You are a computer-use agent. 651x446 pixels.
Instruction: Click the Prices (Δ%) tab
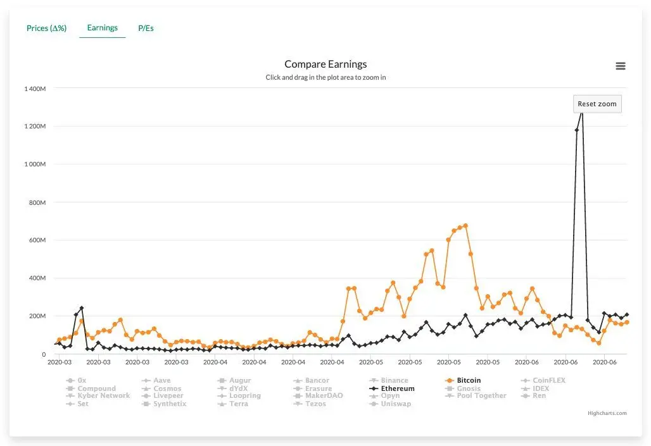(46, 28)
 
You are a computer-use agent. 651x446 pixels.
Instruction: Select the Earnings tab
(102, 28)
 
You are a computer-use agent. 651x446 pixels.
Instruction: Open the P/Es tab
(146, 28)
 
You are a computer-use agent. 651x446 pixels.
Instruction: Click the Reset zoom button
(597, 104)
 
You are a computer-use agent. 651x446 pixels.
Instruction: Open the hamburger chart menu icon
(621, 66)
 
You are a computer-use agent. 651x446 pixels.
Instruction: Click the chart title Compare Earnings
(325, 64)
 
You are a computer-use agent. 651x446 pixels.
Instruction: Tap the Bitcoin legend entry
(469, 381)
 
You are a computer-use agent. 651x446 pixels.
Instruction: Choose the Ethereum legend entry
(397, 388)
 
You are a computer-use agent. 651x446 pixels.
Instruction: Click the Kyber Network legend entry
(103, 396)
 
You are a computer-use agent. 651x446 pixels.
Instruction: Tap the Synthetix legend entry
(170, 404)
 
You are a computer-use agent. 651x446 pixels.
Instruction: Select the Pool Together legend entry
(481, 396)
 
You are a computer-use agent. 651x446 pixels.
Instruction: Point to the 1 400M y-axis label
(35, 89)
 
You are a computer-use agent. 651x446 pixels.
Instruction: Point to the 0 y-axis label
(43, 354)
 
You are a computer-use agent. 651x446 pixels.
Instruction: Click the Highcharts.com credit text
(607, 414)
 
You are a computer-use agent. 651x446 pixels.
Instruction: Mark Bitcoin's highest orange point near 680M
(465, 225)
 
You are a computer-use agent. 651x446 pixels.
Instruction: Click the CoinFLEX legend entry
(548, 381)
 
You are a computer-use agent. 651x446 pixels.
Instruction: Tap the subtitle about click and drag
(325, 78)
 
